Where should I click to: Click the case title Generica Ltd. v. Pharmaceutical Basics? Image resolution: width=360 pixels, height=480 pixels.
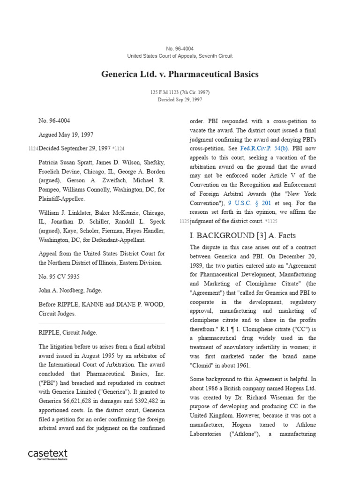pos(180,74)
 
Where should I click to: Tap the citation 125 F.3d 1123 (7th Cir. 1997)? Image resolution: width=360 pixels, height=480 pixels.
pos(180,92)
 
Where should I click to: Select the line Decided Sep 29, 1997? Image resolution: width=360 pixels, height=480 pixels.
pos(180,99)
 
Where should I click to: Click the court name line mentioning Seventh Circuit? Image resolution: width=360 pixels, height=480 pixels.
pos(180,56)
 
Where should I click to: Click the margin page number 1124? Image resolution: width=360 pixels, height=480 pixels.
pos(33,149)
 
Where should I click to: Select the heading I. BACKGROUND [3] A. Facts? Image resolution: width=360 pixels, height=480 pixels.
pos(242,235)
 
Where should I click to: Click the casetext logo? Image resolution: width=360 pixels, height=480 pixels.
pos(48,454)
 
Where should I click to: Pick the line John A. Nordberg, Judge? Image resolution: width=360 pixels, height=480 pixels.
pos(70,290)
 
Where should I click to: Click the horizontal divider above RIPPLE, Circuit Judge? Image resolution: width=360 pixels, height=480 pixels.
pos(102,323)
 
